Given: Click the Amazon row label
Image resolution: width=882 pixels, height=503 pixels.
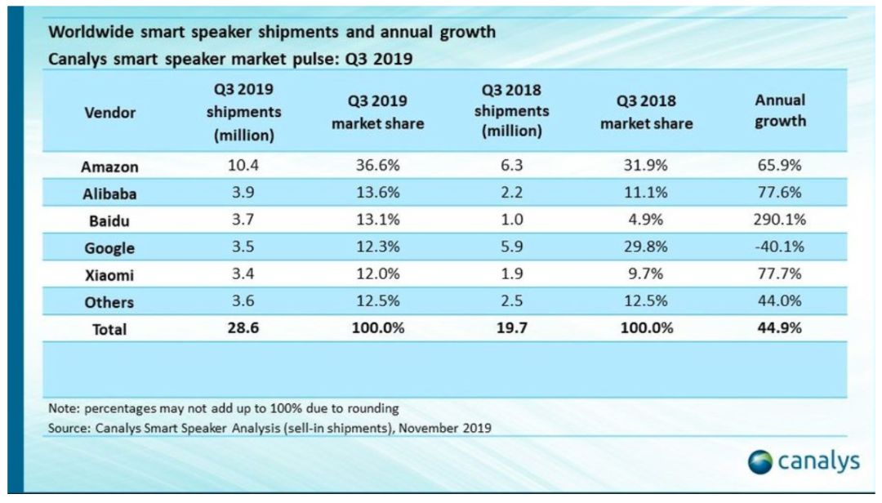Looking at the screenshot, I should click(109, 167).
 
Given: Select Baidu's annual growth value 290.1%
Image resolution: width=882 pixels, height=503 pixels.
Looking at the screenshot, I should click(779, 220).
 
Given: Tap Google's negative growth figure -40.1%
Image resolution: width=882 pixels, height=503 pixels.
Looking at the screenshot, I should click(779, 247).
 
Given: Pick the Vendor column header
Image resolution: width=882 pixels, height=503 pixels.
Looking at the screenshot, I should click(109, 112).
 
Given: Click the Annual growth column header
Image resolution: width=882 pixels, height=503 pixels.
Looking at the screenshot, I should click(779, 110).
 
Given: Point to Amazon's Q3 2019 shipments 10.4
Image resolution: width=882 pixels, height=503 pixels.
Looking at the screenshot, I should click(243, 166).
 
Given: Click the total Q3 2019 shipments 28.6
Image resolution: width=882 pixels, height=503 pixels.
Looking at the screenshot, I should click(243, 329).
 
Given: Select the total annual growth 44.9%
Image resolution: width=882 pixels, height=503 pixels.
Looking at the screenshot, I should click(779, 329).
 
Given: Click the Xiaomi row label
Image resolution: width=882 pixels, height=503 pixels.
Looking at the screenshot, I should click(109, 275).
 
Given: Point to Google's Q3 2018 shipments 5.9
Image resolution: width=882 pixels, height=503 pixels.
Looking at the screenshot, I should click(510, 247).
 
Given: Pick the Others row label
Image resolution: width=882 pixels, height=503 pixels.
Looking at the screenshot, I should click(109, 302).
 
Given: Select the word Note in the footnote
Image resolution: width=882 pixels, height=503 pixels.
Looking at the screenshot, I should click(63, 408).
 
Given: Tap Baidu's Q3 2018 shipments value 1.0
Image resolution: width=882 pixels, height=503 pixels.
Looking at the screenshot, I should click(510, 220).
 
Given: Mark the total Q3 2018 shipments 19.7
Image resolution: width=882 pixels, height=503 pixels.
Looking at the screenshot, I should click(510, 329).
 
